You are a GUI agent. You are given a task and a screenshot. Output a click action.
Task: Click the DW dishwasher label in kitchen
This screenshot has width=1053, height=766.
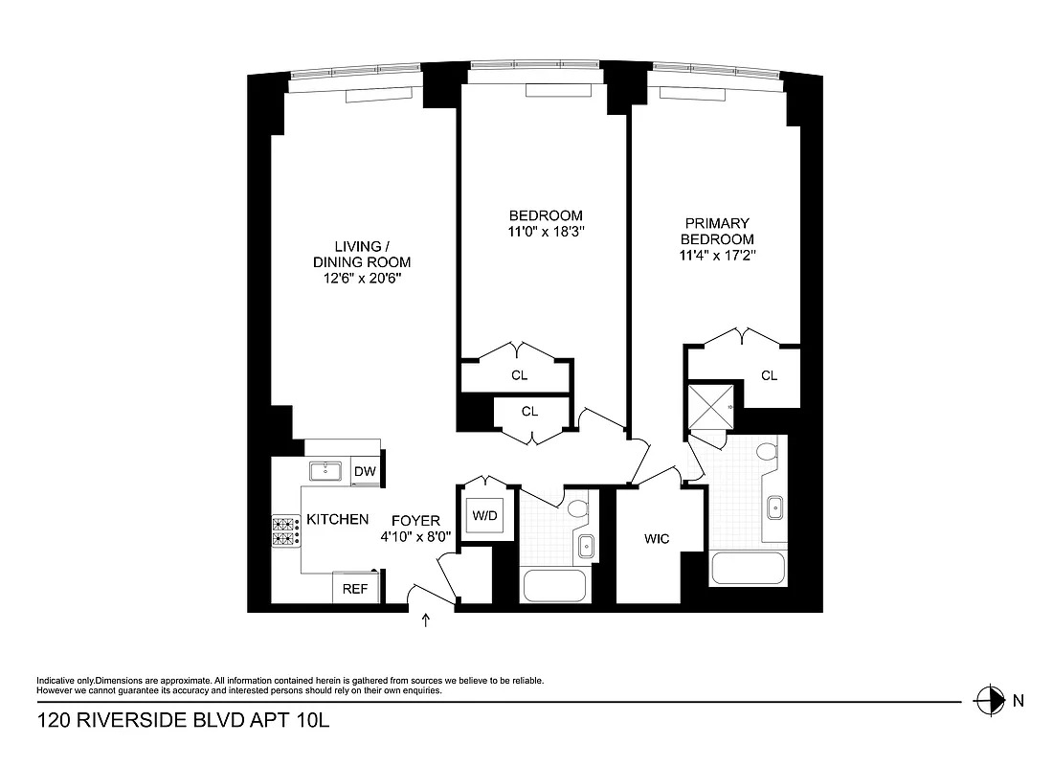click(365, 471)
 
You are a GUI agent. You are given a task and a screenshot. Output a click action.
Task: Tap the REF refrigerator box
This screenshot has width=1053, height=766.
click(355, 589)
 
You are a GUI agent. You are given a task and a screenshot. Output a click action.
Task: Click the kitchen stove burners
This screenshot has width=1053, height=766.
click(286, 532)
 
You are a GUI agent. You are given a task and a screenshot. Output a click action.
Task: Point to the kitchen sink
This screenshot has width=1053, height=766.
click(326, 470)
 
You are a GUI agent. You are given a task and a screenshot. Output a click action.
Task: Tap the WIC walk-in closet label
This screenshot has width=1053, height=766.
click(657, 539)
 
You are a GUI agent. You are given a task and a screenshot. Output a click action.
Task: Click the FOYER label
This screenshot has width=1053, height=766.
click(410, 520)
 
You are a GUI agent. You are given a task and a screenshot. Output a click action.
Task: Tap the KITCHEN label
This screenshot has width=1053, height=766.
click(337, 520)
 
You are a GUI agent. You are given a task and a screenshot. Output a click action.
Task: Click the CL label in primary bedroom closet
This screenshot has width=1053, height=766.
click(769, 375)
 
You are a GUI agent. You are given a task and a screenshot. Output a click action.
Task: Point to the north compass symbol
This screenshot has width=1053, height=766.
click(987, 700)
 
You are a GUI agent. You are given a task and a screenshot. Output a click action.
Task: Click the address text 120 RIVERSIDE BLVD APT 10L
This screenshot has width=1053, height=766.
click(183, 720)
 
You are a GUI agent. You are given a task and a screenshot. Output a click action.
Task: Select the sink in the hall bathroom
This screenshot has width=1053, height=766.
click(586, 547)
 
